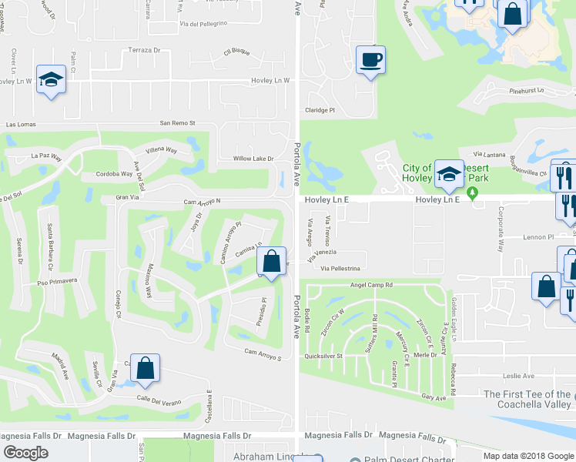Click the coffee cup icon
tap(371, 59)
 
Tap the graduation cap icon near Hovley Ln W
tap(52, 79)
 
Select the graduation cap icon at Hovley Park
tap(448, 174)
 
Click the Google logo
tap(25, 453)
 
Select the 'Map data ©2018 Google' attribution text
tap(528, 456)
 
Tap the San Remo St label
tap(178, 122)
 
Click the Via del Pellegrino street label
tap(203, 23)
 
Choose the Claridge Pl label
tap(320, 110)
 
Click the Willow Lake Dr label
tap(253, 159)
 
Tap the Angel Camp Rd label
tap(371, 284)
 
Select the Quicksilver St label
tap(322, 356)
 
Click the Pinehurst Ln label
tap(527, 90)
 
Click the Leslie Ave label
tap(518, 376)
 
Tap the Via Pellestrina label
tap(335, 268)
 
